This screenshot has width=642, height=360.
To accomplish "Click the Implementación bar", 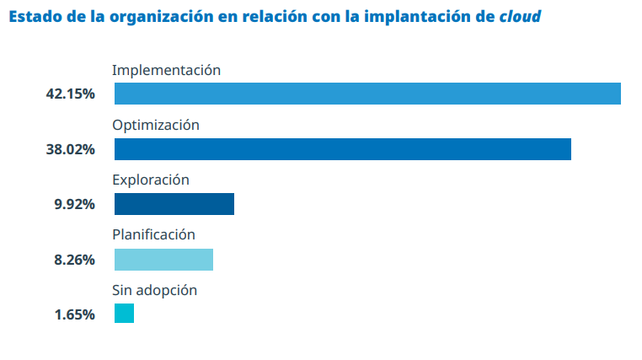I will (367, 94).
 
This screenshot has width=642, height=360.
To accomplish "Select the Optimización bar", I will (342, 149).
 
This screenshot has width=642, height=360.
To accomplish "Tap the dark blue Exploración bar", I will (174, 204).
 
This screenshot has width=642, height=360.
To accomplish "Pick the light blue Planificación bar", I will (163, 260).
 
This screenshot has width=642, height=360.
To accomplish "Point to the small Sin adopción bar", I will (124, 314).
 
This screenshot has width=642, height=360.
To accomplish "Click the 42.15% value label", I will (70, 94).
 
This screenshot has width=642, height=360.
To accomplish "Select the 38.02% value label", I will (70, 149).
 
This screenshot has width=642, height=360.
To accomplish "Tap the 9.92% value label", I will (74, 205).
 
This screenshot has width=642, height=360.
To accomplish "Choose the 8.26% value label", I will (74, 260).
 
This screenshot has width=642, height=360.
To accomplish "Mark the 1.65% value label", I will (74, 314).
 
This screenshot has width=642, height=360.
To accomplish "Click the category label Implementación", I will (166, 70).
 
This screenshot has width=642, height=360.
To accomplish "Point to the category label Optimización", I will (156, 125).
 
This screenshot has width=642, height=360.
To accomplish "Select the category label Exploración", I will (151, 180).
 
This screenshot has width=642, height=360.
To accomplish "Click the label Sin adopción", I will (154, 290).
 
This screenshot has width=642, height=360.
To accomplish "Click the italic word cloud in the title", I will (520, 17).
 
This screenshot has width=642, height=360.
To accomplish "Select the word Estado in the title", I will (33, 17).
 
